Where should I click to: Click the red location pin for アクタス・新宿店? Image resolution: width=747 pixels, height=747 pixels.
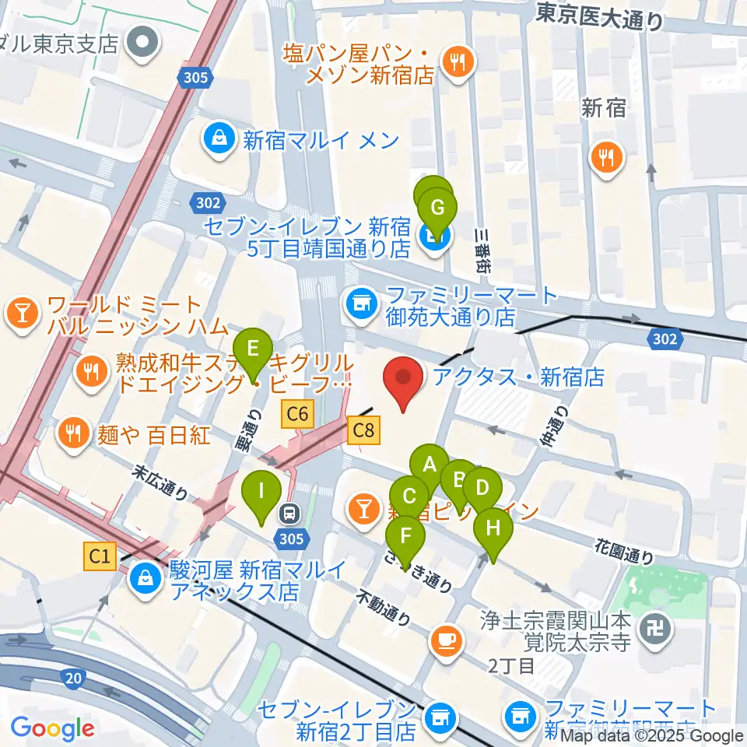(404, 381)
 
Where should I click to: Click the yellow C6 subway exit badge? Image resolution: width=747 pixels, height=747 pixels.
(298, 414)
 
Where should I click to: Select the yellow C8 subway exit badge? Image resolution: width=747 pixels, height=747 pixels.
(364, 430)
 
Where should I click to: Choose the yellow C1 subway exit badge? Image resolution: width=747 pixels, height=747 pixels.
(99, 556)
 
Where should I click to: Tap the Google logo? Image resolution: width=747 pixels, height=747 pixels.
(52, 728)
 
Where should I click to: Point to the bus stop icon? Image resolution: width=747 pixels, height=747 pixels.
(289, 513)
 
